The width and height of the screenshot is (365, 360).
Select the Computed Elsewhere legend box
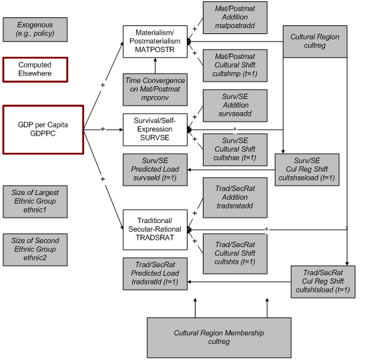[x=35, y=68]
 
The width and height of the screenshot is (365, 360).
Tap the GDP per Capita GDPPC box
[x=43, y=128]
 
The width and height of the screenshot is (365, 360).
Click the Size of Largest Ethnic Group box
[x=35, y=202]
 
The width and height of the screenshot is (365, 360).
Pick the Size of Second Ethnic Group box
[x=35, y=249]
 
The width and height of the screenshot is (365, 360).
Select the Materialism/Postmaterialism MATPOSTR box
[x=155, y=41]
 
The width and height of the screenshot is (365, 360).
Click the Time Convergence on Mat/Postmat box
[x=155, y=87]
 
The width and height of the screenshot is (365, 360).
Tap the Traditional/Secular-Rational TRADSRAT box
[x=155, y=227]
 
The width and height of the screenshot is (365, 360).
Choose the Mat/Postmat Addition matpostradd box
[x=235, y=18]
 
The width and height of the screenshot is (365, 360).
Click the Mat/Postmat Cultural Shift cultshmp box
[x=235, y=65]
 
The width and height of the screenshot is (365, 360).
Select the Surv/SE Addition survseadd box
[x=235, y=106]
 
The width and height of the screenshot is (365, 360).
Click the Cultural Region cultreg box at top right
[x=316, y=44]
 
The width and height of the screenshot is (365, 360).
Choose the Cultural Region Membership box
[x=211, y=336]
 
